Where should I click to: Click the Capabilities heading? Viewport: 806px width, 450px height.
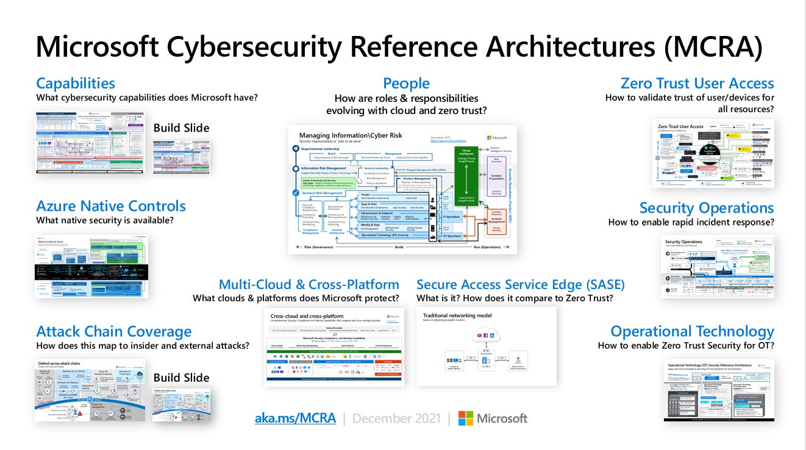(x=76, y=83)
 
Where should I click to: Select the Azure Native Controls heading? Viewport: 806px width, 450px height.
(x=111, y=206)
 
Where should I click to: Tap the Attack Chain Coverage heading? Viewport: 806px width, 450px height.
(x=114, y=332)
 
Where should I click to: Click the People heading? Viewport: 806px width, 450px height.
(x=406, y=84)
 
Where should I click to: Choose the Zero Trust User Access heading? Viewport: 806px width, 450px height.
(x=697, y=84)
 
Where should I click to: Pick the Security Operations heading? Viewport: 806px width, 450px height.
(x=707, y=208)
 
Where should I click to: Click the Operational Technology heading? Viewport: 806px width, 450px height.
(x=692, y=332)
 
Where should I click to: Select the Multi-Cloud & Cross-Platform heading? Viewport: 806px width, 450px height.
(x=308, y=285)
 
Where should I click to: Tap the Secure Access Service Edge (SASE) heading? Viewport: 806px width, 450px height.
(x=520, y=285)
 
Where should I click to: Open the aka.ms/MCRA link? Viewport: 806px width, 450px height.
(x=295, y=418)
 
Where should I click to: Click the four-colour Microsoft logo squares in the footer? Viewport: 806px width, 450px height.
(x=466, y=418)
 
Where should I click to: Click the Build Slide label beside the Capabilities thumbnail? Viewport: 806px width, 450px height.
(x=181, y=128)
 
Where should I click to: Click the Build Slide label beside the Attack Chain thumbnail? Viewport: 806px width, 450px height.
(x=181, y=377)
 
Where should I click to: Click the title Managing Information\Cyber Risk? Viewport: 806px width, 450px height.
(x=351, y=135)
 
